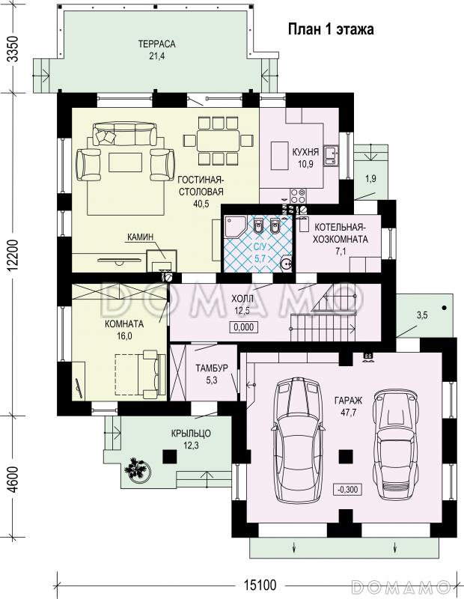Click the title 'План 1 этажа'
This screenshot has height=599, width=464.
(330, 29)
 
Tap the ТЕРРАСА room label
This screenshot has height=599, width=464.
(156, 44)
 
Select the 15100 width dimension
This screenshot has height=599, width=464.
(260, 585)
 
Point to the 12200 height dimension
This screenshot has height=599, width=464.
(13, 255)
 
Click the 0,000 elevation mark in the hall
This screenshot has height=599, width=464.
(244, 327)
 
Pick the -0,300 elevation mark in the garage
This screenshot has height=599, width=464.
(347, 490)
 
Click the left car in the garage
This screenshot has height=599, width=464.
(299, 440)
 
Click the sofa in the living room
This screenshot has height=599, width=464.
(125, 133)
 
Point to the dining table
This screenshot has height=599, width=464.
(218, 141)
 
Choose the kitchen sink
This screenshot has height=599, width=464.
(331, 156)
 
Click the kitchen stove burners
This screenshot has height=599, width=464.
(298, 196)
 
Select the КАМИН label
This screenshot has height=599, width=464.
(140, 237)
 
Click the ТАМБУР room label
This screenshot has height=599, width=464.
(212, 368)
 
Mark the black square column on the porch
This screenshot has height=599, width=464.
(170, 456)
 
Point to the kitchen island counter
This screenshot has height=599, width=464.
(280, 156)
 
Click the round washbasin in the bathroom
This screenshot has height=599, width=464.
(286, 264)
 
